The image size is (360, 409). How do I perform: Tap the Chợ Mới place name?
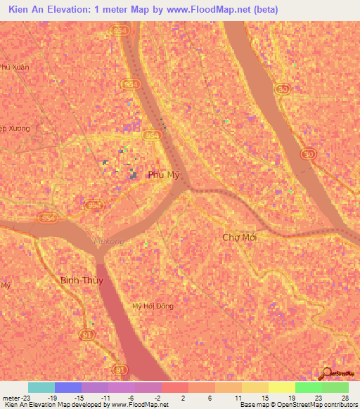tap(239, 238)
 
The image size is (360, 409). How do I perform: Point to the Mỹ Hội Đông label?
tap(153, 306)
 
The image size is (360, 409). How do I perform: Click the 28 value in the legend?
tap(345, 397)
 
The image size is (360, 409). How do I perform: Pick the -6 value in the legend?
tap(132, 397)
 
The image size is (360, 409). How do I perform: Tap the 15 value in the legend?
tap(265, 397)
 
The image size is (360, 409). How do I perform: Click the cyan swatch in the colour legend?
tap(41, 387)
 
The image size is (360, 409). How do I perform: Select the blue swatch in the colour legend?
tap(68, 387)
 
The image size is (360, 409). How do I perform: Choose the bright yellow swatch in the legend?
tap(282, 387)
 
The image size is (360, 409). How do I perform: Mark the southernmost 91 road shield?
tap(121, 369)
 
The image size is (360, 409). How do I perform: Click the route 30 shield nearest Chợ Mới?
tap(307, 153)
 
